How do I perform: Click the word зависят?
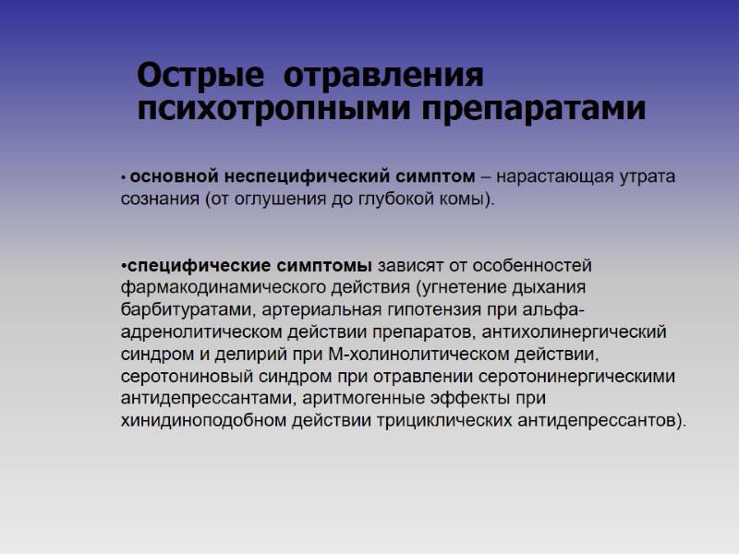pyautogui.click(x=411, y=267)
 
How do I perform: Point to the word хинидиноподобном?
pyautogui.click(x=194, y=421)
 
